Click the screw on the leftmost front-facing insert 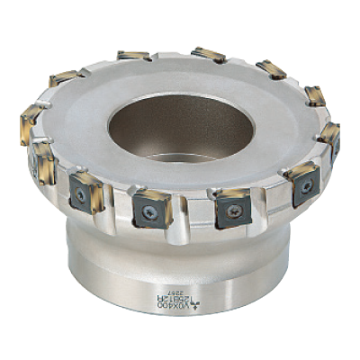[x=81, y=193]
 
